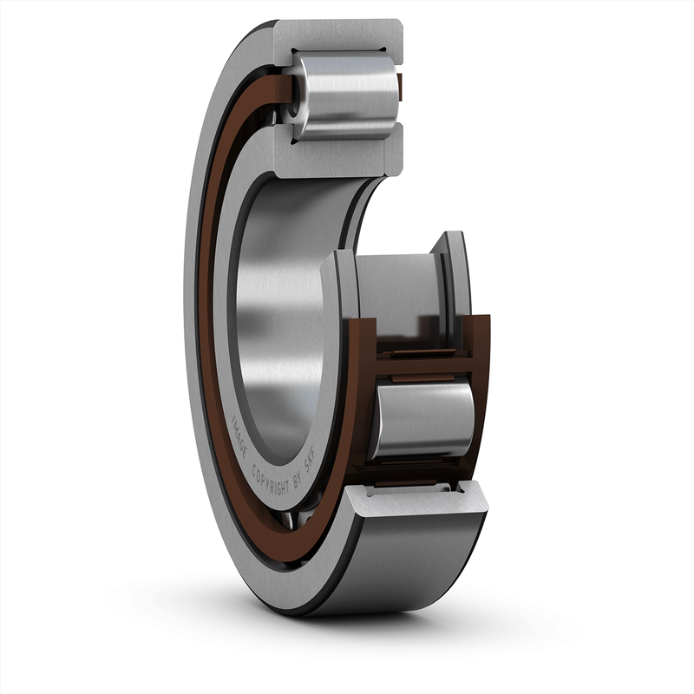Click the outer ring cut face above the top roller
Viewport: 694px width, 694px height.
tap(338, 35)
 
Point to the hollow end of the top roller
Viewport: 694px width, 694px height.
tap(296, 95)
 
